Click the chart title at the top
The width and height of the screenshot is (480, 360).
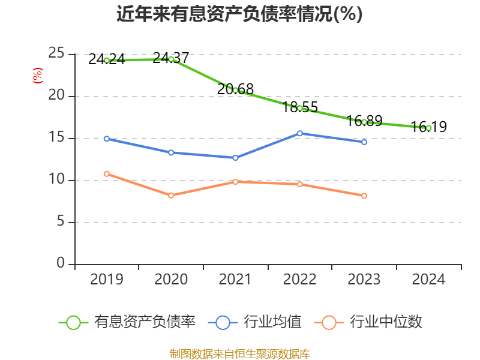(239, 14)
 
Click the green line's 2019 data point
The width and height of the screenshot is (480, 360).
(107, 60)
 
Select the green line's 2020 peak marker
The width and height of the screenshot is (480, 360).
(171, 59)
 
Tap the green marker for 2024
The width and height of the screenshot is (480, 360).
(428, 128)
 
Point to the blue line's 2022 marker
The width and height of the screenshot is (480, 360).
(300, 133)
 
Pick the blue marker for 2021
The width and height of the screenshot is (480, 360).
(235, 158)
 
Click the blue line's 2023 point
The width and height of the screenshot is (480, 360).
(364, 142)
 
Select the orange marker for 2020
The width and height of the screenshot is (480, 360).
(171, 196)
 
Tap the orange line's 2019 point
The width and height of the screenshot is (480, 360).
(107, 173)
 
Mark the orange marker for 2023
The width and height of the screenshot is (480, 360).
(364, 196)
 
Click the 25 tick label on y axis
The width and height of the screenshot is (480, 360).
(57, 54)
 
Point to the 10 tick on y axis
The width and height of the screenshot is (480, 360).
(57, 180)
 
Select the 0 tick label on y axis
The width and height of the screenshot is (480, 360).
(61, 263)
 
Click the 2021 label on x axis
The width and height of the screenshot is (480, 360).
(235, 280)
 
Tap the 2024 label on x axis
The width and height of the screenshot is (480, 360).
(428, 280)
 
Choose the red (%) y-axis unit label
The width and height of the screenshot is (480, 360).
(38, 76)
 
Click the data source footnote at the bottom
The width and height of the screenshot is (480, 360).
(239, 353)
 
